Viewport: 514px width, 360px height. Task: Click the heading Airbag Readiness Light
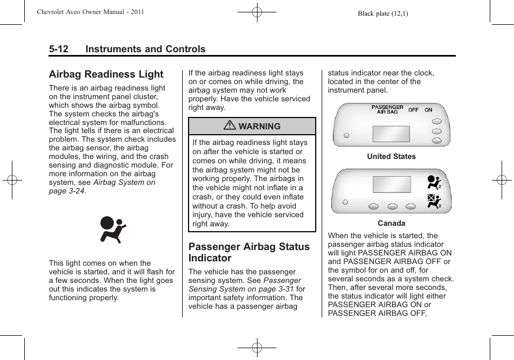click(x=106, y=74)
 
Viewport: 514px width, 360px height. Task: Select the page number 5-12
click(x=59, y=49)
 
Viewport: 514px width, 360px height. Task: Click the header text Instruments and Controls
click(x=145, y=49)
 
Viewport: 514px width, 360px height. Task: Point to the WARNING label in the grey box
click(x=260, y=126)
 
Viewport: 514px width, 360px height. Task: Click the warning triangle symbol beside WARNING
click(x=231, y=126)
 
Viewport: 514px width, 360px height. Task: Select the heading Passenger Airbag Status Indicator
click(x=249, y=252)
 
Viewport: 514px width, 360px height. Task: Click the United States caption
click(x=391, y=156)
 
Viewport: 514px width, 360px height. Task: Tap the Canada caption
click(x=391, y=223)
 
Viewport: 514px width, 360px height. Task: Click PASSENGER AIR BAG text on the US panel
click(x=387, y=109)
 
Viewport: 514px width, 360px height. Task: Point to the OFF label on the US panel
click(x=413, y=110)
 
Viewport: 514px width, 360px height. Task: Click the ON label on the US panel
click(x=428, y=110)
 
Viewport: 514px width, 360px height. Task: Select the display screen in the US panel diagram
click(x=391, y=134)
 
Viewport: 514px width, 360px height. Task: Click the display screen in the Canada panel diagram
click(x=392, y=184)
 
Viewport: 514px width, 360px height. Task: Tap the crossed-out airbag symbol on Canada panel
click(x=434, y=202)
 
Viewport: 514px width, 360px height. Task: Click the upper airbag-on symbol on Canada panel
click(x=434, y=182)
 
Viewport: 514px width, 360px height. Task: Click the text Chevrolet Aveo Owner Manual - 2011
click(x=90, y=12)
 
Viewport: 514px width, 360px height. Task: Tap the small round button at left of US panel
click(x=346, y=135)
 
